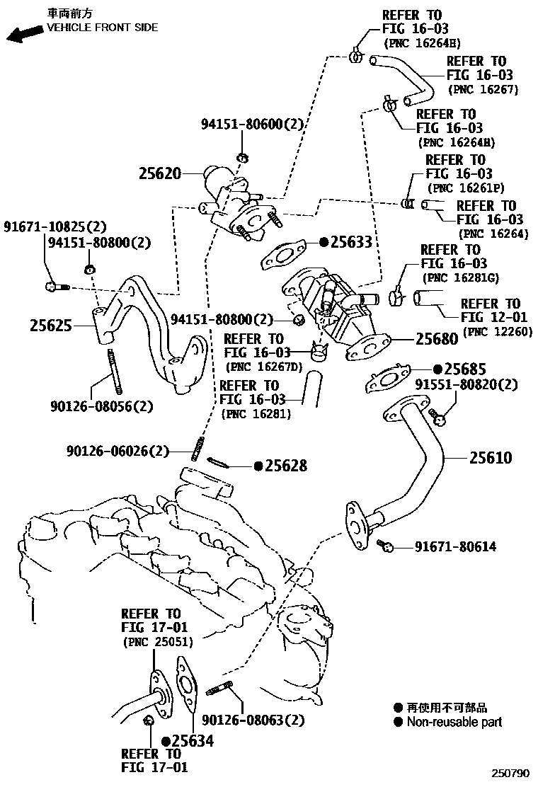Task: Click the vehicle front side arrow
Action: click(x=23, y=33)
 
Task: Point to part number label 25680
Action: click(x=437, y=339)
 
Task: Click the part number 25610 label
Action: click(x=490, y=458)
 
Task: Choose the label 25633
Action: click(x=350, y=242)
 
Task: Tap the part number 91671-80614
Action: click(x=455, y=546)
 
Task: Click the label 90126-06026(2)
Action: click(x=119, y=450)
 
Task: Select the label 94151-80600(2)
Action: click(x=251, y=124)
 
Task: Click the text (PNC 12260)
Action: click(x=497, y=332)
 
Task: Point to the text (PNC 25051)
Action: click(x=158, y=642)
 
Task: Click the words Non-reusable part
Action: click(x=454, y=722)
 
